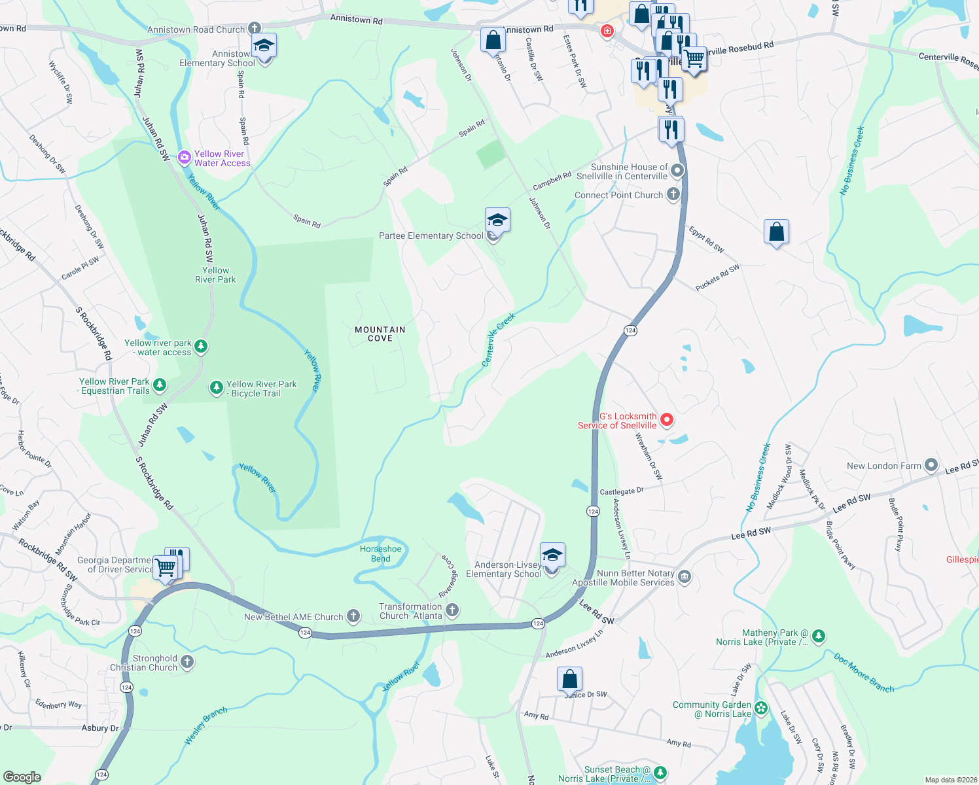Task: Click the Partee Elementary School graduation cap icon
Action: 497,220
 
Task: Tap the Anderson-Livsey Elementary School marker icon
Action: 552,555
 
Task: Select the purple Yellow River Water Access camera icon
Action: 185,159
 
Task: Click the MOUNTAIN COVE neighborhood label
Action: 380,334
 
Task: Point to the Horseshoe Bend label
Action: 380,554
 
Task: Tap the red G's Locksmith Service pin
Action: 667,420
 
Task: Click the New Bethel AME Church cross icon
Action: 353,616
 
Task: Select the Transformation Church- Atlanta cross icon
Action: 452,611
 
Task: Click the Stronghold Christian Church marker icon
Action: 187,662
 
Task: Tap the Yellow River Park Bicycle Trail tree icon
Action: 217,388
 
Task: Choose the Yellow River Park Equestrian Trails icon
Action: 160,385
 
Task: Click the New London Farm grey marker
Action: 931,466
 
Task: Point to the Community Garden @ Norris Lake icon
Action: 761,708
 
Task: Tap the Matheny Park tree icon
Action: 819,636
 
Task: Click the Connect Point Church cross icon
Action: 673,194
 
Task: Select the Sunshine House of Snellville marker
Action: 677,171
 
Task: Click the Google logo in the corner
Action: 22,776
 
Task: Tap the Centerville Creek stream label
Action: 499,340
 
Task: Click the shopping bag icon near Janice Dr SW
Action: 569,678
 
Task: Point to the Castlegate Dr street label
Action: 622,491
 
